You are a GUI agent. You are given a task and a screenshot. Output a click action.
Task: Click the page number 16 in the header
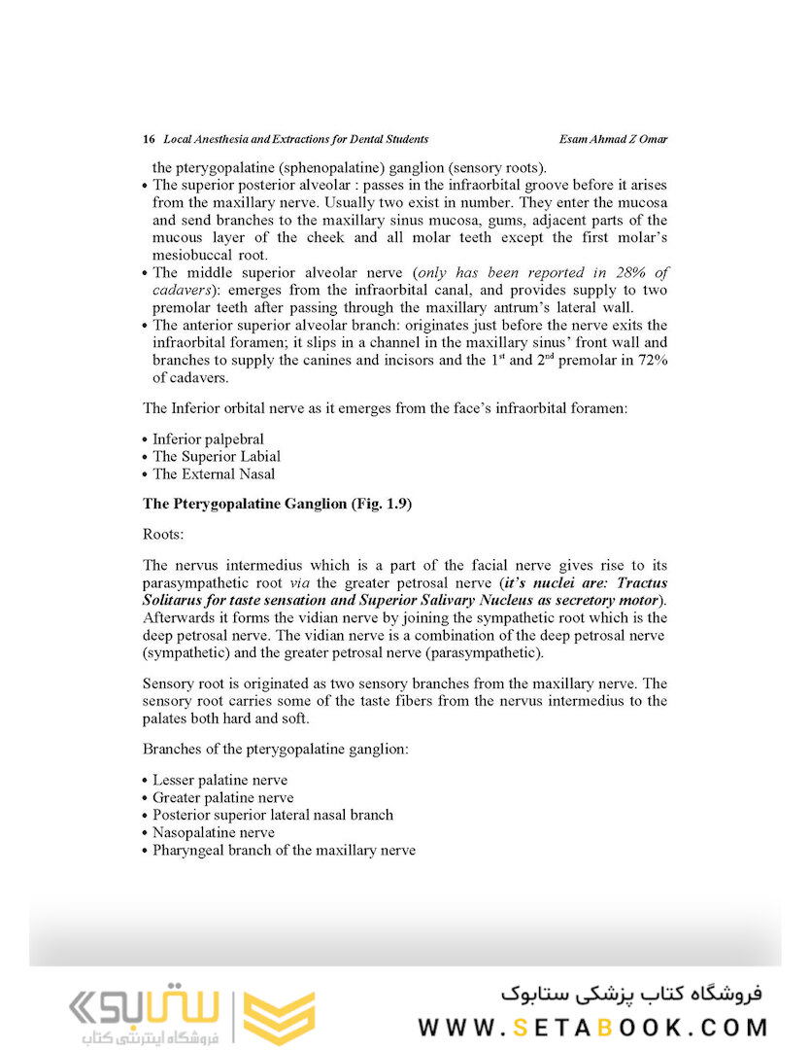coord(149,139)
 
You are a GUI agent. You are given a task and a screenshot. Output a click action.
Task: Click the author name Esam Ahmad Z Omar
coord(608,139)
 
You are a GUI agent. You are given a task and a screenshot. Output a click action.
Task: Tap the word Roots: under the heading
coord(163,534)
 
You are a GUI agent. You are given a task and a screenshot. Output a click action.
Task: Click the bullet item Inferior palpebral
coord(208,439)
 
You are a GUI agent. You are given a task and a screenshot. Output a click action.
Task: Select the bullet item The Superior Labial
coord(217,457)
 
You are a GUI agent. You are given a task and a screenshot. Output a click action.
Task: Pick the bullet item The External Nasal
coord(214,474)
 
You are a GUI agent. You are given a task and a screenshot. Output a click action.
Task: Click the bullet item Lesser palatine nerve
coord(219,780)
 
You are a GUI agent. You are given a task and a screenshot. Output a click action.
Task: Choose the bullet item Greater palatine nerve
coord(222,797)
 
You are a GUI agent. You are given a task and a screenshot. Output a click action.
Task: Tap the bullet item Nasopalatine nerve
coord(214,832)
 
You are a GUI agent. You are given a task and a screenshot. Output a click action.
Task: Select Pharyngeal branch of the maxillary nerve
coord(284,850)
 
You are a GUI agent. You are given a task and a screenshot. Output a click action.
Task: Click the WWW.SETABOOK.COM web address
coord(593,1028)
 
